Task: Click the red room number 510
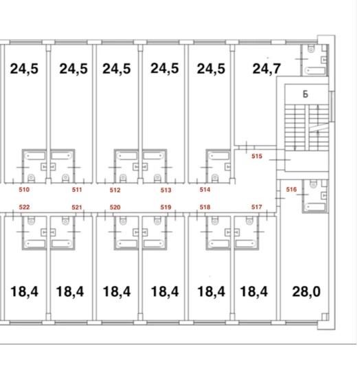24,190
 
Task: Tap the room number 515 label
257,156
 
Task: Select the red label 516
291,189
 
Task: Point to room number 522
24,207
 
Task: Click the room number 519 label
166,207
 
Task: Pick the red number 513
166,190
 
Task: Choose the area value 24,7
267,69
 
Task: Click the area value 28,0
306,291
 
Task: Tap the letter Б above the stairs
306,94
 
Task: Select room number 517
256,207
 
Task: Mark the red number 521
77,207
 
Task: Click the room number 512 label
115,190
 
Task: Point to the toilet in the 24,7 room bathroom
311,49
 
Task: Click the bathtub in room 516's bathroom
315,207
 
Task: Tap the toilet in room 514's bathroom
215,177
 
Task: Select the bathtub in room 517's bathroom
246,243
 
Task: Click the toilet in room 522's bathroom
31,221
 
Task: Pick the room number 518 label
205,207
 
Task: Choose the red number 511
77,190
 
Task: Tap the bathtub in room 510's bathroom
35,156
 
